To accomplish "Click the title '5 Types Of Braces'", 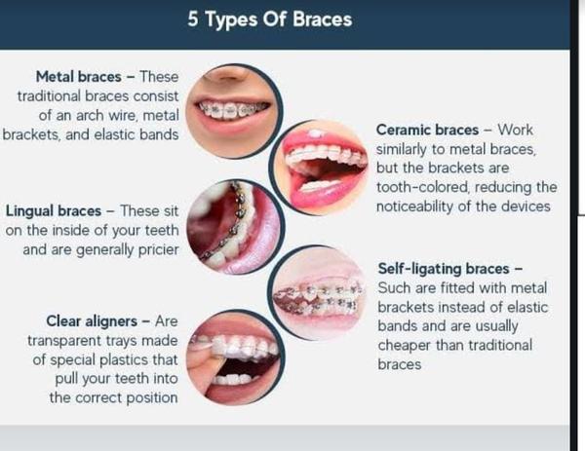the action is click(270, 19).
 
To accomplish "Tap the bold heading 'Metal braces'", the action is click(78, 77).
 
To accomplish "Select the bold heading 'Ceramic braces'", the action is click(427, 131).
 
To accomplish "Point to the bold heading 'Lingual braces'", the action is click(54, 211).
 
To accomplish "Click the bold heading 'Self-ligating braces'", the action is click(444, 269).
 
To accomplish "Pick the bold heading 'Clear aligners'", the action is click(92, 321).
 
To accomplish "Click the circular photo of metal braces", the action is click(234, 111).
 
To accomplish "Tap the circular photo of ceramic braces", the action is click(319, 168).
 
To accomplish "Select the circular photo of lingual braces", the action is click(236, 227).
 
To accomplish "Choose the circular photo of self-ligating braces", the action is click(317, 293).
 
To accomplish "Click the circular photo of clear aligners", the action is click(236, 357).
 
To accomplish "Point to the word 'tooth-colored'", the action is click(422, 187).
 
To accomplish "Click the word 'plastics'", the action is click(124, 360).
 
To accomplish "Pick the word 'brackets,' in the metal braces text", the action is click(31, 134).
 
